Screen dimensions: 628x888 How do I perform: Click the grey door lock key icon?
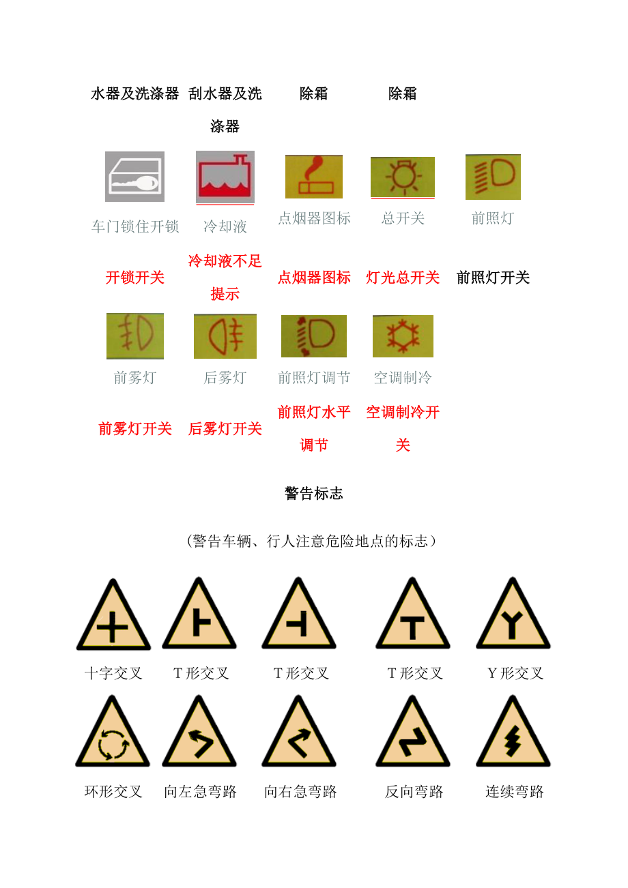click(x=134, y=177)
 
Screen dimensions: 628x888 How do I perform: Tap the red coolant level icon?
click(x=225, y=177)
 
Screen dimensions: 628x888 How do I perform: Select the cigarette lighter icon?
click(x=314, y=177)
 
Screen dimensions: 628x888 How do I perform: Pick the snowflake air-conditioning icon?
click(x=403, y=336)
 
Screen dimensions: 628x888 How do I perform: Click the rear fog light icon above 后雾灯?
click(x=225, y=336)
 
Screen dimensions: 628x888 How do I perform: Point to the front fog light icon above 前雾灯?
click(x=135, y=336)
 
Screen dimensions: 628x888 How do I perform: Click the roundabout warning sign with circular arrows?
click(x=113, y=732)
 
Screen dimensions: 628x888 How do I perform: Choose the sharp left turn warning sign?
click(x=199, y=732)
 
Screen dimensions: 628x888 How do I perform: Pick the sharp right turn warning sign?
click(x=299, y=732)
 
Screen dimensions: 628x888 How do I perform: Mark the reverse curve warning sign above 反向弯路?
click(x=412, y=732)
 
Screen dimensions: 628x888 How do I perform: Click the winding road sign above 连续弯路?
click(x=513, y=732)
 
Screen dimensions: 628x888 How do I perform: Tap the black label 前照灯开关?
click(x=493, y=278)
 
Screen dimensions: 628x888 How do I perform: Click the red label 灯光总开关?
click(x=403, y=278)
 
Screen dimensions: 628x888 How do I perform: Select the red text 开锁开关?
click(x=135, y=278)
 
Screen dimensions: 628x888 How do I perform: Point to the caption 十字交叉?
click(x=113, y=673)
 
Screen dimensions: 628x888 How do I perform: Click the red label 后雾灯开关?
click(x=225, y=428)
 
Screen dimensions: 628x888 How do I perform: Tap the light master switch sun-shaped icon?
click(x=403, y=177)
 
